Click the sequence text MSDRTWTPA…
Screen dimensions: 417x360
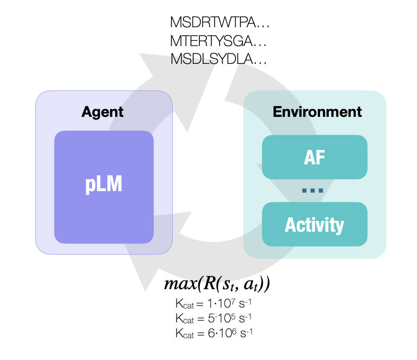click(x=220, y=22)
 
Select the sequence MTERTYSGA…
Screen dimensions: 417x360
click(x=218, y=41)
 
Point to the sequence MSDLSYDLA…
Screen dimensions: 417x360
click(x=218, y=58)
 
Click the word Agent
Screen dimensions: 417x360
click(x=102, y=112)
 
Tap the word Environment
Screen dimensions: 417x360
click(x=317, y=112)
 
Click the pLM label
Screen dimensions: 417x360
click(x=103, y=184)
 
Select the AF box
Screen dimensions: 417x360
click(x=315, y=157)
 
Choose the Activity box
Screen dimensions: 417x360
click(x=315, y=224)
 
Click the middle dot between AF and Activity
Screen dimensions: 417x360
click(x=313, y=191)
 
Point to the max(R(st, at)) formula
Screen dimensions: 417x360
click(x=217, y=284)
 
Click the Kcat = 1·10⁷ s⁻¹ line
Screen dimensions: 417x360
click(x=213, y=304)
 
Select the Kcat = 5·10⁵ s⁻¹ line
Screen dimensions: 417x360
click(x=213, y=318)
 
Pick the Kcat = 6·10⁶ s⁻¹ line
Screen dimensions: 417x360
click(x=214, y=333)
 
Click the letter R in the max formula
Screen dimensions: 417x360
click(x=209, y=283)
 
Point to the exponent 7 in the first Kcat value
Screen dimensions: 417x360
click(x=233, y=301)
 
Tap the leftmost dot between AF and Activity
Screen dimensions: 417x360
click(x=305, y=191)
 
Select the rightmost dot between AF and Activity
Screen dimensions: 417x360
click(x=321, y=191)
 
